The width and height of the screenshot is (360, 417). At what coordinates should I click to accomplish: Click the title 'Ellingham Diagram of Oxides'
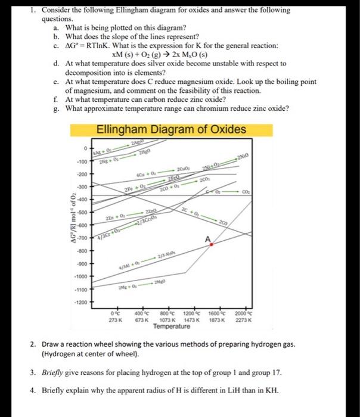pyautogui.click(x=170, y=130)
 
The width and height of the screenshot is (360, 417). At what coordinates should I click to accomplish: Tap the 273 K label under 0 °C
pyautogui.click(x=116, y=320)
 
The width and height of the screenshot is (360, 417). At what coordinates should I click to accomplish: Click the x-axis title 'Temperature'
pyautogui.click(x=172, y=326)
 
